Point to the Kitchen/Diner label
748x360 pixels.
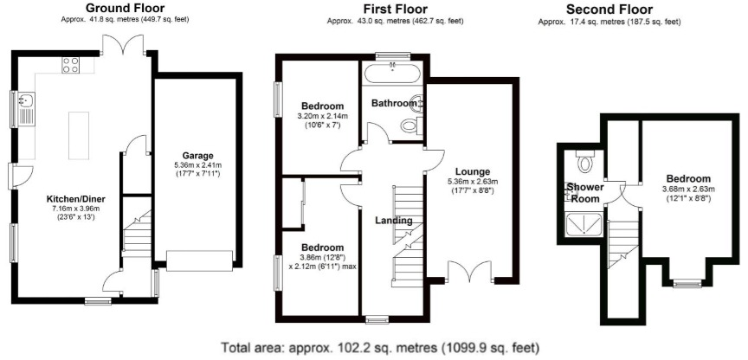(75, 198)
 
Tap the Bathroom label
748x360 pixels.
(393, 103)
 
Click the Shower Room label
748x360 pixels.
(584, 192)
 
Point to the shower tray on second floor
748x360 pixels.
(584, 226)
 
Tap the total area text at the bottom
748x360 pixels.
(371, 346)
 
